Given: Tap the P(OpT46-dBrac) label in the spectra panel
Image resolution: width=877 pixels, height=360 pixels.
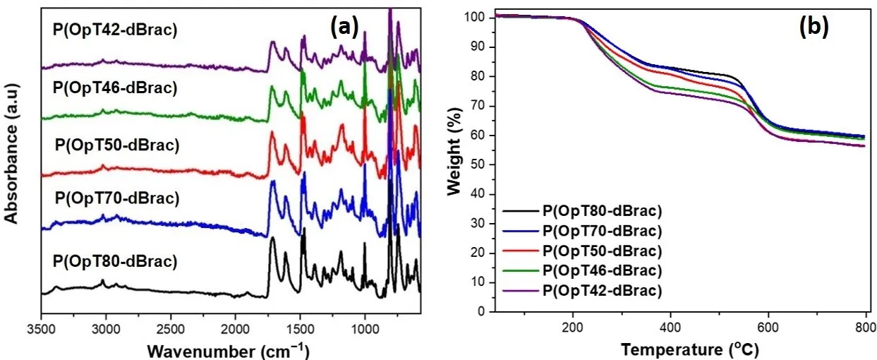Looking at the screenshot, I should coord(114,88).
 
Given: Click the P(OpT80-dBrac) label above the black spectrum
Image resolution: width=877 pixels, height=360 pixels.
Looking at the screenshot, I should coord(114,261).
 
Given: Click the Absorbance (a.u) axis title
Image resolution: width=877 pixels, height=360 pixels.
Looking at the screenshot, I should coord(11,152).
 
